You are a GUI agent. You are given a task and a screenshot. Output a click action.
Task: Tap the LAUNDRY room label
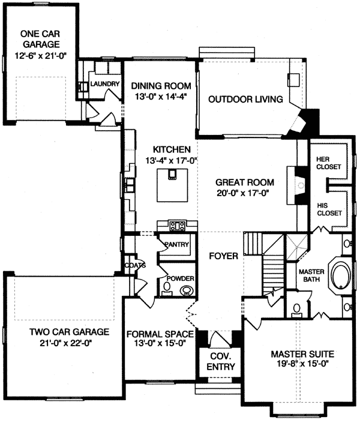[x=105, y=84]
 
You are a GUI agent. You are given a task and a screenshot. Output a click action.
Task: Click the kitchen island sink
[x=173, y=175]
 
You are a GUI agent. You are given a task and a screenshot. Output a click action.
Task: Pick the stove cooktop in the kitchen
[x=178, y=226]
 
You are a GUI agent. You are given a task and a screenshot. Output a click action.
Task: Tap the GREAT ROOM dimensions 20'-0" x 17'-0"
[x=245, y=193]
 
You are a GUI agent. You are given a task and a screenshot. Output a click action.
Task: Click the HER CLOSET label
[x=328, y=163]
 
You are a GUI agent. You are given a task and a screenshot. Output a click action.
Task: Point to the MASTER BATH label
[x=311, y=275]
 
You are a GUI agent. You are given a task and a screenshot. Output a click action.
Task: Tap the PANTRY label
[x=177, y=244]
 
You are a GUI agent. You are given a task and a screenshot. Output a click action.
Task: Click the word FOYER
[x=224, y=256]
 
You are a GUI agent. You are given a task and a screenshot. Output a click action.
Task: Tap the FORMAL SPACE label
[x=159, y=334]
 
